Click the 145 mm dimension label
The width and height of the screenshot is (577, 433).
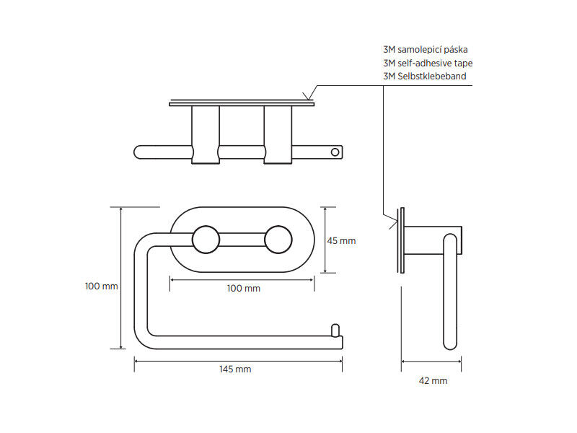(x=235, y=369)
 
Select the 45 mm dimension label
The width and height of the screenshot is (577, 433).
(x=341, y=241)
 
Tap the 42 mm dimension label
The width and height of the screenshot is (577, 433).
(x=433, y=381)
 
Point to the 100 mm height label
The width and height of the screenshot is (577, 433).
(x=101, y=286)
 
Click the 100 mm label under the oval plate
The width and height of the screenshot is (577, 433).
(x=243, y=288)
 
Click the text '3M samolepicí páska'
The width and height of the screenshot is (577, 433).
(x=426, y=50)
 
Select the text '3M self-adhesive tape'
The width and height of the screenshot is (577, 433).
(x=428, y=63)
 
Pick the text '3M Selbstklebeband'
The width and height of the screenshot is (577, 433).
(x=425, y=76)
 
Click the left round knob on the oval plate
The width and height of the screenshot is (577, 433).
(x=206, y=240)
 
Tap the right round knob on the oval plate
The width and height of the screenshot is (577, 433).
(x=278, y=240)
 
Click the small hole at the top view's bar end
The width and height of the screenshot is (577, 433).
(x=335, y=152)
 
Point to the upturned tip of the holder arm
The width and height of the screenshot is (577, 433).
(x=335, y=331)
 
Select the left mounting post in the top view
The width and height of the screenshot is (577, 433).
(x=206, y=135)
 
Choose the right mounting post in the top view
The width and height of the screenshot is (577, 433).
(x=278, y=135)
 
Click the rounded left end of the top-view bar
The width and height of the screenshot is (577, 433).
(x=138, y=152)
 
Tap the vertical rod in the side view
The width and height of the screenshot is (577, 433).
(x=450, y=292)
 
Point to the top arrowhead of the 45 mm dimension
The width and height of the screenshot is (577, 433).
(x=325, y=209)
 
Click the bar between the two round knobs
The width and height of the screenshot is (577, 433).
(x=242, y=240)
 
